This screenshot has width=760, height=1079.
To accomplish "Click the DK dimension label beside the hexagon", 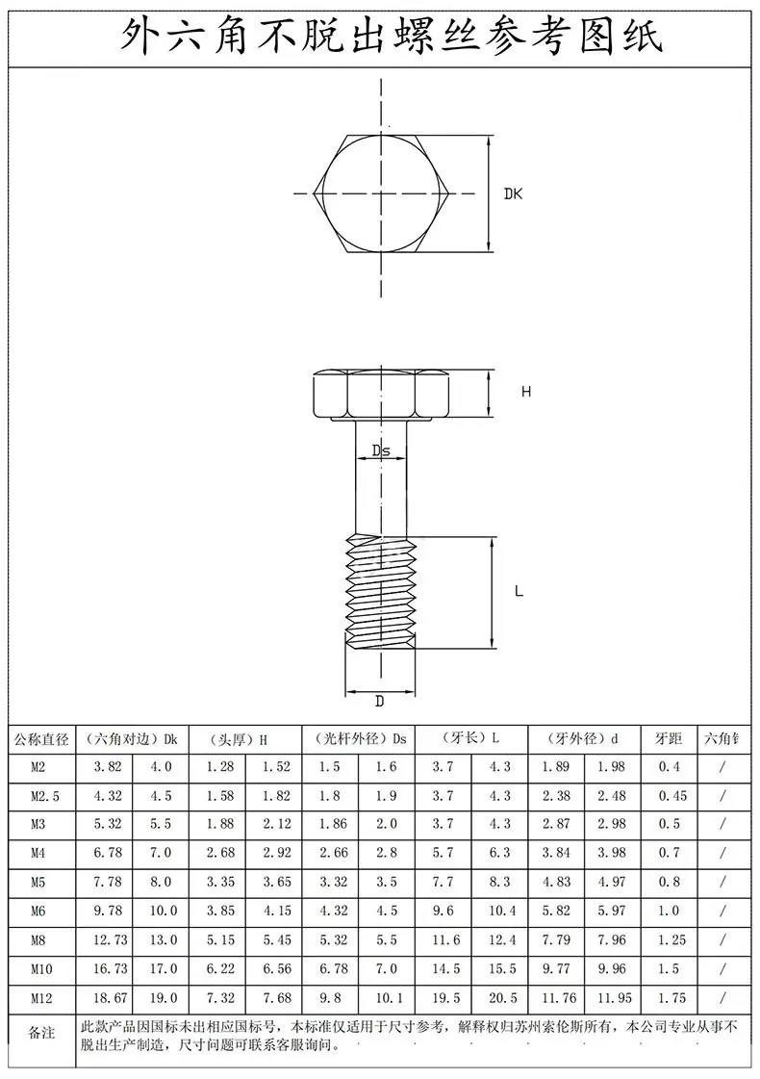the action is [x=513, y=194].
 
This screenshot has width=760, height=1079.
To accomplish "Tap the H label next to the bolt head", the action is [x=526, y=392].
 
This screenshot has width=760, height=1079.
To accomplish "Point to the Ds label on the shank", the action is [x=381, y=450].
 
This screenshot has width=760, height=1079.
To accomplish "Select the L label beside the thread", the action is [x=519, y=591].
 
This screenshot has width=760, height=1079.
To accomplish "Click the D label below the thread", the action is [x=380, y=702].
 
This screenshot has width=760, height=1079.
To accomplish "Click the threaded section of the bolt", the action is [x=380, y=593].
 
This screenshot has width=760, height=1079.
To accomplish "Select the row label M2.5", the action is [x=45, y=796].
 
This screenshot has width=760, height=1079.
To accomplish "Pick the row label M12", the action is [x=41, y=998].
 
